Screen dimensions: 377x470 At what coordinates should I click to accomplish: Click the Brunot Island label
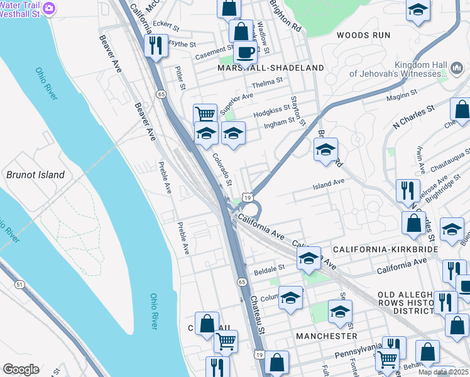[35, 175]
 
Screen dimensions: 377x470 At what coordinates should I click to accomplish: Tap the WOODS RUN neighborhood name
[363, 35]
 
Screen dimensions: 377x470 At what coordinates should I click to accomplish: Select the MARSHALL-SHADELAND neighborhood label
[271, 68]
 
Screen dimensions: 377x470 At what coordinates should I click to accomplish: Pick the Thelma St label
[268, 81]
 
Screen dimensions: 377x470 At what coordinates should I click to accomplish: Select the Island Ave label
[329, 182]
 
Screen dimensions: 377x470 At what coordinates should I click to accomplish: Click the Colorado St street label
[222, 170]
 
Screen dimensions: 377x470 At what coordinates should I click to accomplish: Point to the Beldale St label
[270, 269]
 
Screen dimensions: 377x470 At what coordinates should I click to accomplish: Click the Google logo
[21, 369]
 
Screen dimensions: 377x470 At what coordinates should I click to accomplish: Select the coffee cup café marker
[246, 52]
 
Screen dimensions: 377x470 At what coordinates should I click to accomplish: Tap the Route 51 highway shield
[20, 285]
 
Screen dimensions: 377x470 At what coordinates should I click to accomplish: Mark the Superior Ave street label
[236, 100]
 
